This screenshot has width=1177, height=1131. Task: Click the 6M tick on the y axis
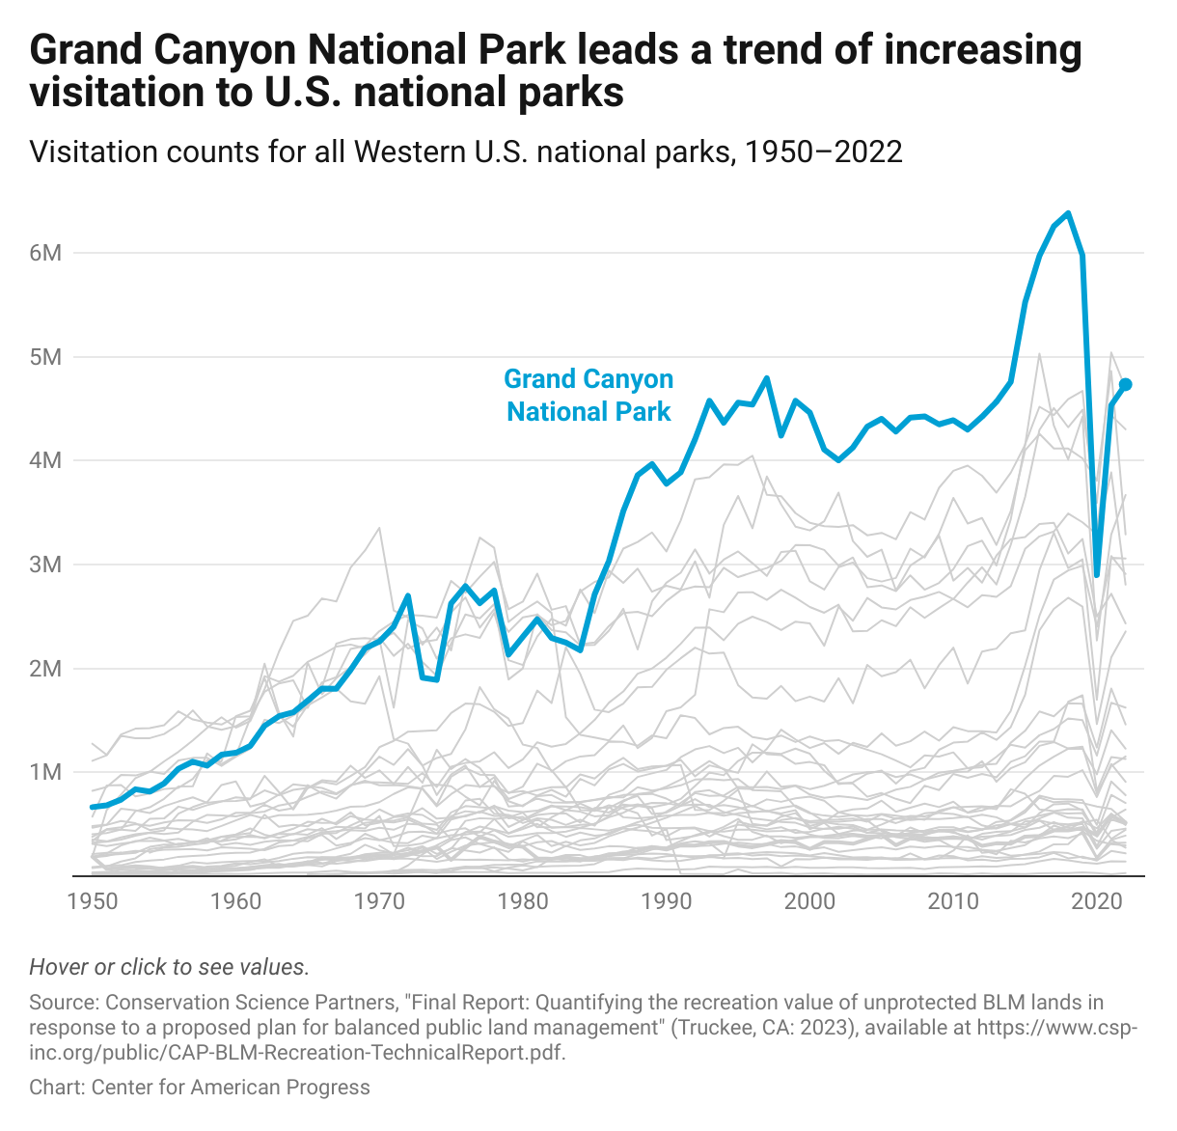pyautogui.click(x=45, y=253)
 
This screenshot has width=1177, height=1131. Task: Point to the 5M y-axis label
pyautogui.click(x=45, y=357)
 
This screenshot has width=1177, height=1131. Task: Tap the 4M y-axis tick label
pyautogui.click(x=45, y=460)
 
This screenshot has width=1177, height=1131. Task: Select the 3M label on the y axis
pyautogui.click(x=45, y=565)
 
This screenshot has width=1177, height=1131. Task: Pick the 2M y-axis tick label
pyautogui.click(x=45, y=668)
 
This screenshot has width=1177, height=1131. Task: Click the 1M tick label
pyautogui.click(x=45, y=772)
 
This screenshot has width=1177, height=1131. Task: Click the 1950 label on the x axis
pyautogui.click(x=94, y=902)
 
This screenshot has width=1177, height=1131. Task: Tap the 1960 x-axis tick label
pyautogui.click(x=236, y=902)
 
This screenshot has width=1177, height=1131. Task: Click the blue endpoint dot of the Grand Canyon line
pyautogui.click(x=1125, y=384)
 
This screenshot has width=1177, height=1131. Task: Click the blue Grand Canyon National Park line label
pyautogui.click(x=588, y=396)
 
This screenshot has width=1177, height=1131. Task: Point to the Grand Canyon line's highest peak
pyautogui.click(x=1068, y=213)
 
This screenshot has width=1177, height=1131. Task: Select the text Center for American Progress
pyautogui.click(x=231, y=1088)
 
